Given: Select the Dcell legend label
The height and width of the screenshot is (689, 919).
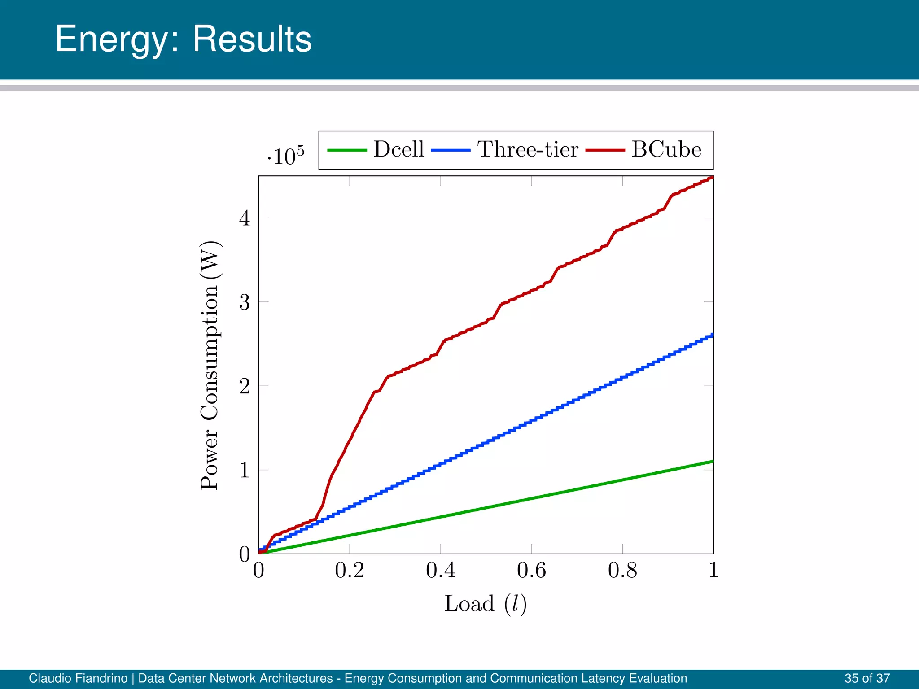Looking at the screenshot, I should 398,149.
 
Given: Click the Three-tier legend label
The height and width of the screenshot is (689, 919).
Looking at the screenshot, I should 528,149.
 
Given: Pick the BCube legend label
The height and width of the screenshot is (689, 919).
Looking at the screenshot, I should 666,149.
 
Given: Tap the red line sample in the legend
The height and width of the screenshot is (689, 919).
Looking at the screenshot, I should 605,150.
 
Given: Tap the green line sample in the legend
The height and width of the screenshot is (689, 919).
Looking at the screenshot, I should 347,150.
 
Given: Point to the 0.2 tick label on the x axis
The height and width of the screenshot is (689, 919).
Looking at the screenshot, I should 349,571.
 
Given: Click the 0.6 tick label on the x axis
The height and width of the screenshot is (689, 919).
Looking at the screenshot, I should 531,571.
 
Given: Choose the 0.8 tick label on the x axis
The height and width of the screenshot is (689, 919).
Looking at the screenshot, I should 622,571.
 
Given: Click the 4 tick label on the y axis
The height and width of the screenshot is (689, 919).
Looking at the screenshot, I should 244,218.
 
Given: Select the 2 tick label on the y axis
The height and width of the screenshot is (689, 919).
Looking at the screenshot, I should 244,386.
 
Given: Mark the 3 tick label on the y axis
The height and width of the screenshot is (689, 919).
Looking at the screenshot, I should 244,302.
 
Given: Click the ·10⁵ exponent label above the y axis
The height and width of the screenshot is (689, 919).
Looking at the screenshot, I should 286,156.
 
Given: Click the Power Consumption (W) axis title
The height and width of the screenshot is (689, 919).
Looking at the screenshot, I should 209,366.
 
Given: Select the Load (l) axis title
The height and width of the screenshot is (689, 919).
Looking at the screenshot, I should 485,604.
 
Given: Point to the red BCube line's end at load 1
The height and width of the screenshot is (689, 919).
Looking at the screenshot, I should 712,178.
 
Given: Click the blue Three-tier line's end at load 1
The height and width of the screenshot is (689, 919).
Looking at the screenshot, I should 712,335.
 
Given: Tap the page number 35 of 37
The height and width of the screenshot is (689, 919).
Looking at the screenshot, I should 867,678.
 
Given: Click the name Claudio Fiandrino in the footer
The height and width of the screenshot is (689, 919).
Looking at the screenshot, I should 78,678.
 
